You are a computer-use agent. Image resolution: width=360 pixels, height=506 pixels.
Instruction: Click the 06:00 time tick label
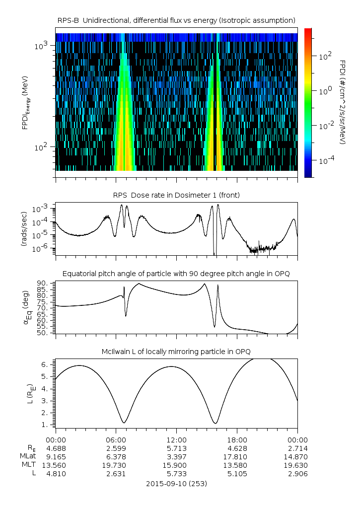pyautogui.click(x=116, y=440)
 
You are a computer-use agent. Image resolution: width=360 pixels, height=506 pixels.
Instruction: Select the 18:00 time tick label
pyautogui.click(x=237, y=440)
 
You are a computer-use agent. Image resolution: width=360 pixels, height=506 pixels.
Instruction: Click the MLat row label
pyautogui.click(x=28, y=456)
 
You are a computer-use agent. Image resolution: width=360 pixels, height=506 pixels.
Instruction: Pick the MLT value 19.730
pyautogui.click(x=116, y=465)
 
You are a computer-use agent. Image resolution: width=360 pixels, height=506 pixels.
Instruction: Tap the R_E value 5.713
pyautogui.click(x=176, y=447)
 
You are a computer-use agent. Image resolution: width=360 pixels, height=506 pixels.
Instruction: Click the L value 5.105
pyautogui.click(x=237, y=474)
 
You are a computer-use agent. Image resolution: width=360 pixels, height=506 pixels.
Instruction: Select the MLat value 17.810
pyautogui.click(x=237, y=456)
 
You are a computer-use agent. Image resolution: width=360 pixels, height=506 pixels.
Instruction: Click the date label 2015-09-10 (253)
pyautogui.click(x=176, y=483)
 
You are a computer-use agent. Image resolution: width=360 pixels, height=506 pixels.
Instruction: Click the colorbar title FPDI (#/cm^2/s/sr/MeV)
pyautogui.click(x=343, y=102)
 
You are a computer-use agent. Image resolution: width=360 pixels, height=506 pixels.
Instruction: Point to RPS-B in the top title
pyautogui.click(x=69, y=20)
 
